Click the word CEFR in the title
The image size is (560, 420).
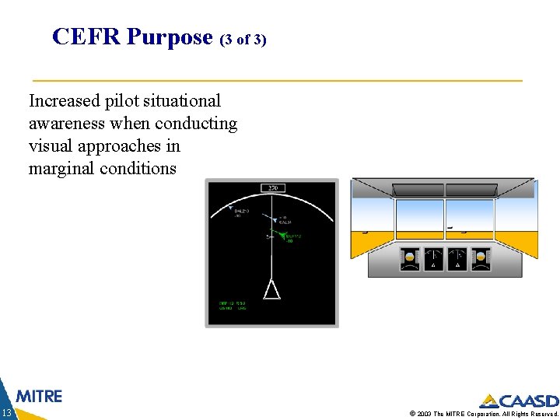(86, 37)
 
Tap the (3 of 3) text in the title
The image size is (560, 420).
(243, 39)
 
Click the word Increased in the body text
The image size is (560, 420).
(65, 101)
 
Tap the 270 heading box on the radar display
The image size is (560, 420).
(272, 187)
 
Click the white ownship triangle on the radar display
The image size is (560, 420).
(271, 290)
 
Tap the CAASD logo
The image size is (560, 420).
(519, 401)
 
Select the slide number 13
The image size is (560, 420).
(6, 412)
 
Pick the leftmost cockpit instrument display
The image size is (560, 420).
(409, 259)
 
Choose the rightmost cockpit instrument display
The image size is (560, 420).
(481, 259)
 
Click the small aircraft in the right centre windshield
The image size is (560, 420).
(450, 229)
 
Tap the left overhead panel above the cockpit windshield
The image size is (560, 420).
(420, 189)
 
